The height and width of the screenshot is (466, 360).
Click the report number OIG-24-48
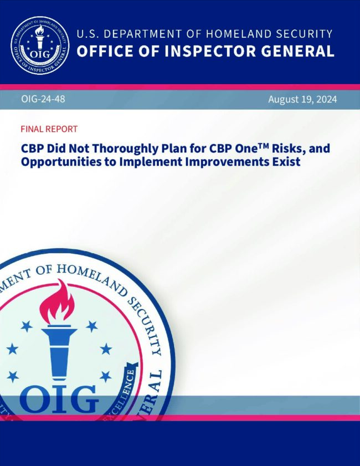click(43, 99)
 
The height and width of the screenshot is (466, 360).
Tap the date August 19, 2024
click(302, 99)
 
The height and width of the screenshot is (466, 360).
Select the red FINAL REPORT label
click(49, 129)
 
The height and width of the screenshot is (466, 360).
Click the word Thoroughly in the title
click(125, 148)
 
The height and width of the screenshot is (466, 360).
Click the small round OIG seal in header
click(40, 45)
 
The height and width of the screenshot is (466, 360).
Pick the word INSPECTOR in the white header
click(210, 51)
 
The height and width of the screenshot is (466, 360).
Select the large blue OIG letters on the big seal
click(59, 399)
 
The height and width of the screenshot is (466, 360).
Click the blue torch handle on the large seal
click(59, 353)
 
